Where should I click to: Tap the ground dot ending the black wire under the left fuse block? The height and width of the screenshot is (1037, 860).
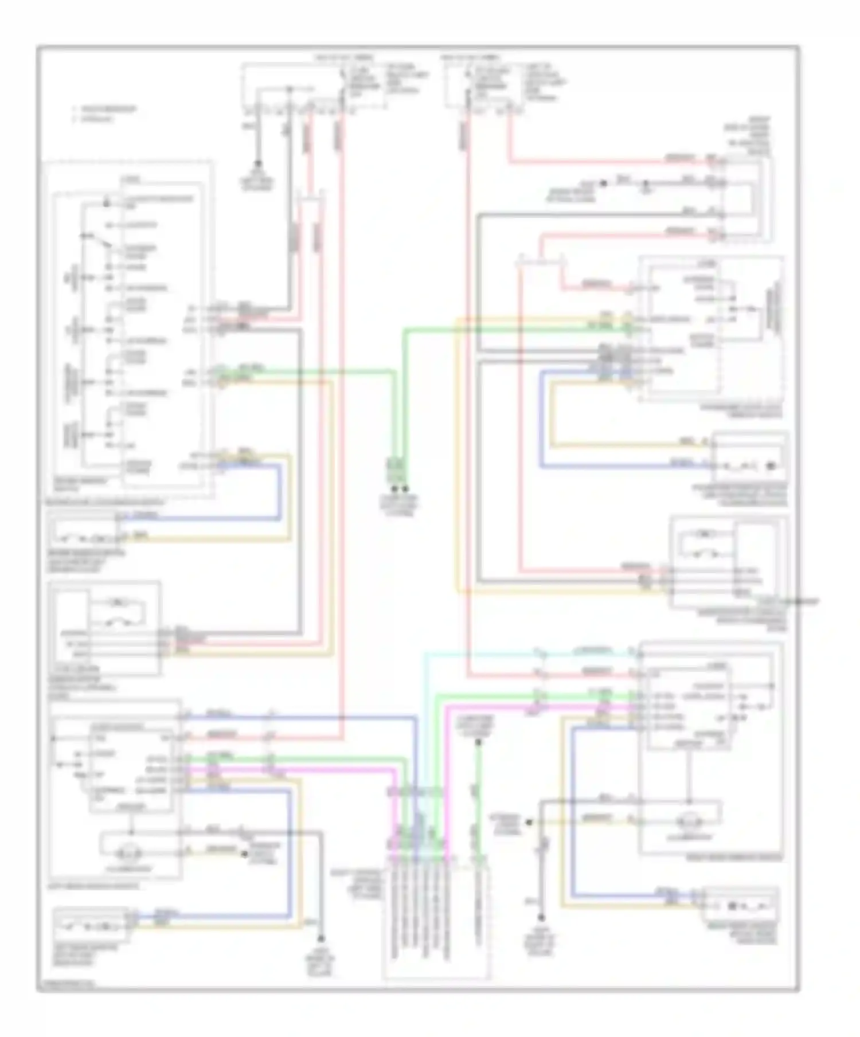[257, 163]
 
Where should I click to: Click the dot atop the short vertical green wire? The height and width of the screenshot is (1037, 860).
[478, 742]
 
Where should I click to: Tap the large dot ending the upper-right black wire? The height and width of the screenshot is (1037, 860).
[603, 183]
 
